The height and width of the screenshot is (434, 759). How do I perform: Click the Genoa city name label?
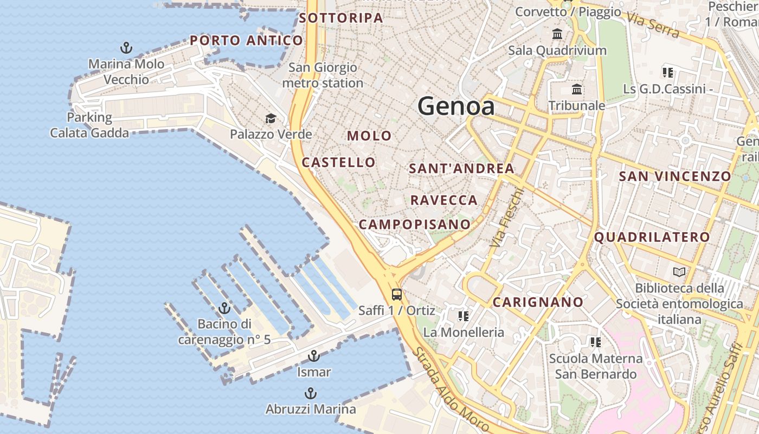click(x=456, y=106)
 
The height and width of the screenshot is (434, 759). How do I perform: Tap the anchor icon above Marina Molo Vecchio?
click(x=126, y=48)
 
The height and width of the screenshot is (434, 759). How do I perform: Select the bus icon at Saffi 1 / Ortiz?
click(x=397, y=295)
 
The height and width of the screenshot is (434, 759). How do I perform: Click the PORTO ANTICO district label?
click(x=246, y=40)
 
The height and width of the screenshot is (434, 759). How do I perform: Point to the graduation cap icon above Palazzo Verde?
click(x=271, y=118)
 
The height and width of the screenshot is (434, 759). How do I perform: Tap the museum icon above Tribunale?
click(x=577, y=89)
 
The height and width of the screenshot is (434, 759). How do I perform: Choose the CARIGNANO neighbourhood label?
click(x=538, y=302)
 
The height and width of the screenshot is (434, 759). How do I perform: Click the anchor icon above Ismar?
click(x=313, y=356)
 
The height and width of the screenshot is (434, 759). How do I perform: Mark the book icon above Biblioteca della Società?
click(x=679, y=272)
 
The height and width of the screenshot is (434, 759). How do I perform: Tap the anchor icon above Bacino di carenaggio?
click(x=224, y=308)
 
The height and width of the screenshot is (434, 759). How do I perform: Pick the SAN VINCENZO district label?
click(x=675, y=176)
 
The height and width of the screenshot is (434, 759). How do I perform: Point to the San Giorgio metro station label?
click(x=323, y=75)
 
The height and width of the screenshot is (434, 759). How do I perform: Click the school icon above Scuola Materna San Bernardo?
click(x=595, y=342)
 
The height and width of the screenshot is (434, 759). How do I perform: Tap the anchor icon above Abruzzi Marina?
click(x=311, y=393)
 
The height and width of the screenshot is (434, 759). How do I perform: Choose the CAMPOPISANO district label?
click(x=415, y=224)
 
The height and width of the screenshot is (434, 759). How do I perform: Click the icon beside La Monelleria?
click(x=463, y=316)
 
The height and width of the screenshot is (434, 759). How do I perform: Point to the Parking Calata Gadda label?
click(x=89, y=125)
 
